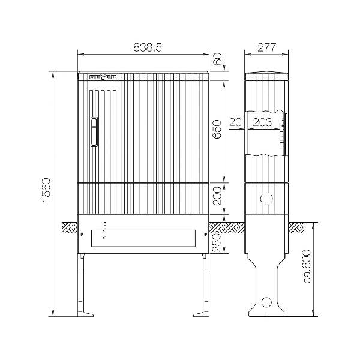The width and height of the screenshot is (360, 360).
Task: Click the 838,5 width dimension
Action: pos(148,47)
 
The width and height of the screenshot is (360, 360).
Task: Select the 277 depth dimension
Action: pos(266,47)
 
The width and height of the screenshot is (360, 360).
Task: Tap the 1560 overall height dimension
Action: pos(46,190)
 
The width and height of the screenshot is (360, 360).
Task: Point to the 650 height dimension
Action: pos(217,129)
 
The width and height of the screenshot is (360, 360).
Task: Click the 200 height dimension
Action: pos(217,196)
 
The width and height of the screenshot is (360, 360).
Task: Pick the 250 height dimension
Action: pos(217,242)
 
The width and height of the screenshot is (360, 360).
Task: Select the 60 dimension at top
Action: pos(217,59)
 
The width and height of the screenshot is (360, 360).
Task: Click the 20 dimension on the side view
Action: pos(236,122)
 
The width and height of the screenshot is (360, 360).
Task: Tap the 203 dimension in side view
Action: pos(262,122)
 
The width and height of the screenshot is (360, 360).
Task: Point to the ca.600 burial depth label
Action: pos(307,266)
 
